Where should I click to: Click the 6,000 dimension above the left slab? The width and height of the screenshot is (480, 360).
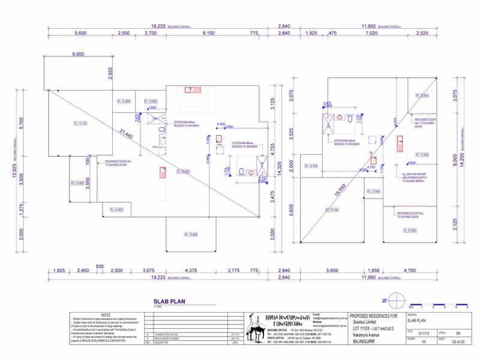click(79, 54)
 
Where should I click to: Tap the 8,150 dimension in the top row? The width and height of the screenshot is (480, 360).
click(209, 34)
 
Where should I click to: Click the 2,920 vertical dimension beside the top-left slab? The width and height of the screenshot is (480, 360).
click(110, 73)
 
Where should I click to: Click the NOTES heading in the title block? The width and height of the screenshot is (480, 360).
click(106, 314)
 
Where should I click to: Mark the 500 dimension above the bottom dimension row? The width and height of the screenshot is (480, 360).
click(100, 266)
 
